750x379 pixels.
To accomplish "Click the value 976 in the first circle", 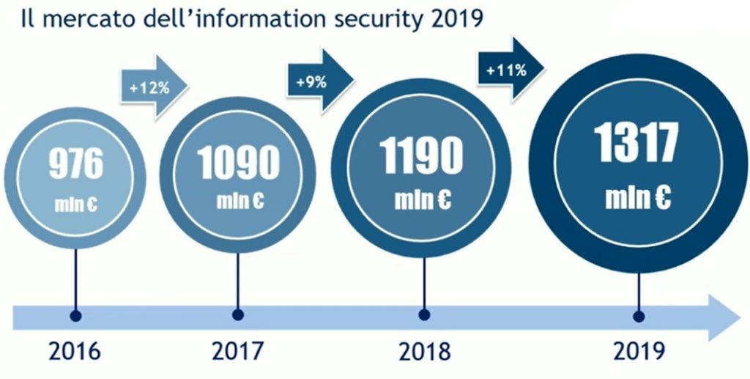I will coord(76,164).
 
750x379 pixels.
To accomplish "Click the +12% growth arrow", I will coord(153,89).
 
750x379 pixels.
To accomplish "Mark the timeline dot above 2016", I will coord(75,315).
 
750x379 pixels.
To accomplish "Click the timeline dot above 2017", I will coord(237,315).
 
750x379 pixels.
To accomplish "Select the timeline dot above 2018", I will coord(424,315).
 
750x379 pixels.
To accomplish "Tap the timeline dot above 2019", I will coord(638,316).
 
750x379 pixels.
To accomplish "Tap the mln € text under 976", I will coord(76,203).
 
